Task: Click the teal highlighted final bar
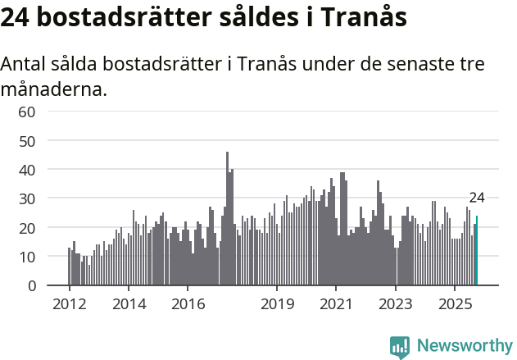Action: [x=477, y=251]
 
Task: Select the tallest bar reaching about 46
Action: [x=228, y=219]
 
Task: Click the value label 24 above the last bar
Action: [x=477, y=198]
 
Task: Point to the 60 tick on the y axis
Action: [x=27, y=112]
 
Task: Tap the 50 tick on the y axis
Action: [x=27, y=140]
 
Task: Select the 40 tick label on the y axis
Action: [x=27, y=170]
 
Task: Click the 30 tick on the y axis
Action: [x=27, y=198]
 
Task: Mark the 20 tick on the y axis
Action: [x=27, y=227]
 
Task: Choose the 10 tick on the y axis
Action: [x=27, y=257]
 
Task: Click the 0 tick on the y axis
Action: [x=31, y=285]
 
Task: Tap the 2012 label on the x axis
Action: [x=69, y=304]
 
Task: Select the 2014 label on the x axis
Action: [x=129, y=304]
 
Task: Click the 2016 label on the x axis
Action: [x=188, y=304]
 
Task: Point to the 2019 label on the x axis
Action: [x=277, y=304]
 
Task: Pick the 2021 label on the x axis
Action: [x=336, y=304]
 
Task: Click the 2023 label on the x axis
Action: [x=396, y=304]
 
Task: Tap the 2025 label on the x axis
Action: [x=455, y=304]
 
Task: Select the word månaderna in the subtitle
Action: [x=54, y=89]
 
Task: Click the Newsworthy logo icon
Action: [x=400, y=347]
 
